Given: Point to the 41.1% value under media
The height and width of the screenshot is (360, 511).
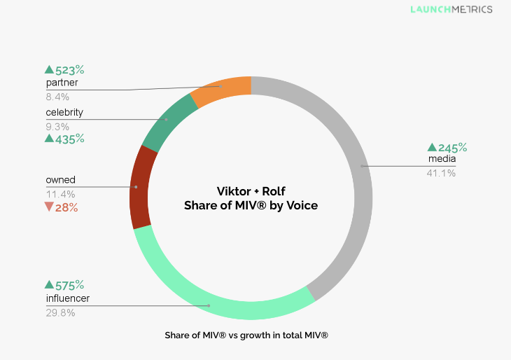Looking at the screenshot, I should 441,172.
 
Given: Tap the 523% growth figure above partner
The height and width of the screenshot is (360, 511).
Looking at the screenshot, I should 64,70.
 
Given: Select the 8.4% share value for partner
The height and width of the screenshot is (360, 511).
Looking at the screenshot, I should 57,96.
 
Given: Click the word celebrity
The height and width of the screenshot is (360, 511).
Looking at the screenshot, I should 64,113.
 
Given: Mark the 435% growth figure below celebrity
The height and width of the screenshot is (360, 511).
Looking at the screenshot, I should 64,139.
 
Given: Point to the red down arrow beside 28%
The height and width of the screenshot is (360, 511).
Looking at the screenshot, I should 48,207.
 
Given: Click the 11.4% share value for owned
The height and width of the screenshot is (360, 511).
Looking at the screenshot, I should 60,194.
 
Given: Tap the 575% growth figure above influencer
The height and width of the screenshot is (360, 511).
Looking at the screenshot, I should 64,285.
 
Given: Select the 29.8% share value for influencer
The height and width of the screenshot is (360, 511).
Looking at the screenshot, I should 60,313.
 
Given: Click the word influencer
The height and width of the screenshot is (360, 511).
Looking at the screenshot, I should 67,299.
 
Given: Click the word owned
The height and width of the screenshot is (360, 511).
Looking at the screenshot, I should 60,180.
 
